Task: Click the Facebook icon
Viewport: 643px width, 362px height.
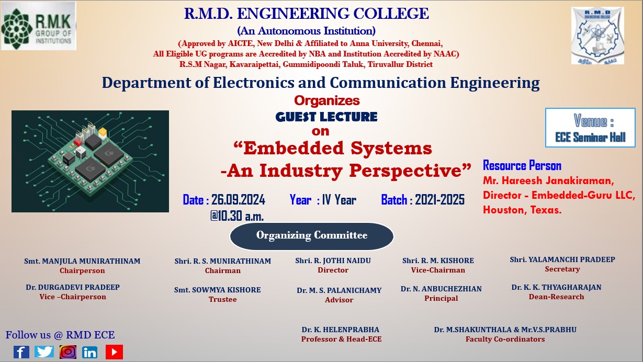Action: pos(21,352)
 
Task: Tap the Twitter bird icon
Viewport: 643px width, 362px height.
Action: pos(44,352)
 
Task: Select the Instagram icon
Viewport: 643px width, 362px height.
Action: pos(68,352)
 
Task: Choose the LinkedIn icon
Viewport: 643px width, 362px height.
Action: pos(89,352)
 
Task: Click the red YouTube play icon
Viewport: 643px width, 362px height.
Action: pos(114,352)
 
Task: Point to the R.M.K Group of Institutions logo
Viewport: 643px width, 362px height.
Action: pos(39,26)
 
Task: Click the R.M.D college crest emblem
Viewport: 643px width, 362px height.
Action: pos(597,36)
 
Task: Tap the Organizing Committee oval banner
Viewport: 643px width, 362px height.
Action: pos(312,236)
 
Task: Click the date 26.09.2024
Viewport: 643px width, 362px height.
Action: pos(238,200)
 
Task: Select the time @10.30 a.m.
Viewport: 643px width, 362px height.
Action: pos(237,216)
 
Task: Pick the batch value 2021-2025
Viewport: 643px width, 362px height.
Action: pos(439,200)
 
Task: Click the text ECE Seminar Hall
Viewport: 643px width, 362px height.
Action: pos(590,137)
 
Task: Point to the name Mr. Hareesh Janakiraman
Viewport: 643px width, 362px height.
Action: pos(548,181)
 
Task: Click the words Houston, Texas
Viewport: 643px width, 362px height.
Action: pos(522,210)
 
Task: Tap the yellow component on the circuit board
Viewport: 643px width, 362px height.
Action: pos(103,133)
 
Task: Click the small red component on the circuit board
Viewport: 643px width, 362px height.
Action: pos(78,142)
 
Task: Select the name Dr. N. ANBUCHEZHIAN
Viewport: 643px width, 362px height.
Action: pos(441,289)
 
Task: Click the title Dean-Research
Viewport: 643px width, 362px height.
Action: pos(556,297)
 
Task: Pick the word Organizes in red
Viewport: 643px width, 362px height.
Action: pos(327,101)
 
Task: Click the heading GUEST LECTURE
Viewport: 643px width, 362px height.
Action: pos(326,117)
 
